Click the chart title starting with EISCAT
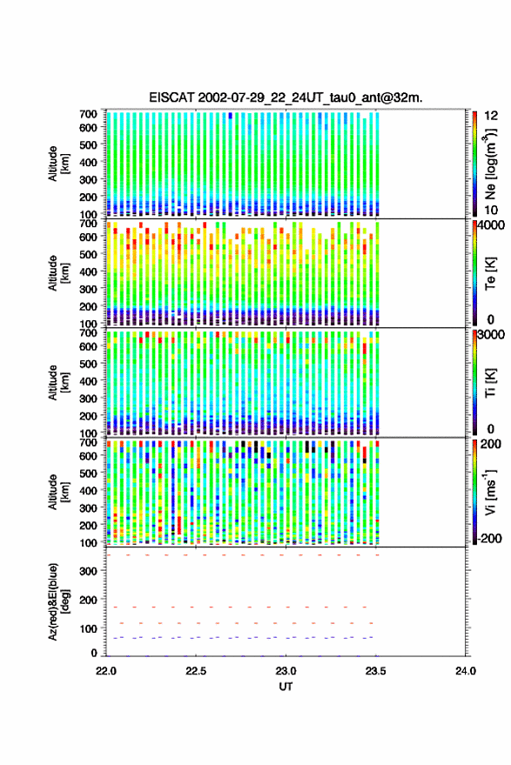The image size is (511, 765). [286, 97]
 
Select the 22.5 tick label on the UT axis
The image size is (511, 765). [196, 671]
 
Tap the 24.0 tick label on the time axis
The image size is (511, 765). [466, 671]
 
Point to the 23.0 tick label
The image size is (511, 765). [286, 671]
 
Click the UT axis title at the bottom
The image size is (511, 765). [286, 687]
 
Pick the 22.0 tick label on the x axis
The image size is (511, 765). [106, 671]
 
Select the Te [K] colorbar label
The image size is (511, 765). [490, 273]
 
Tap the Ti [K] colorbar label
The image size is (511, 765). [490, 383]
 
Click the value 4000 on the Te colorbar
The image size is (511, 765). [491, 225]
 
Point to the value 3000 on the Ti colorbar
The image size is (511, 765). [491, 335]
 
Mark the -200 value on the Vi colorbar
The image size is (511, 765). [488, 539]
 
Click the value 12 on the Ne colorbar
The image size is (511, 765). [491, 116]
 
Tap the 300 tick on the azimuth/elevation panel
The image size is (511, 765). [88, 571]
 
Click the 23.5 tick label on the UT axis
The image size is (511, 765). [375, 671]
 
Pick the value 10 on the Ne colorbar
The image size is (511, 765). [491, 211]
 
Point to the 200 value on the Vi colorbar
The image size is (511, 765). [490, 444]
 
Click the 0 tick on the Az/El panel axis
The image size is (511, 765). [94, 653]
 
